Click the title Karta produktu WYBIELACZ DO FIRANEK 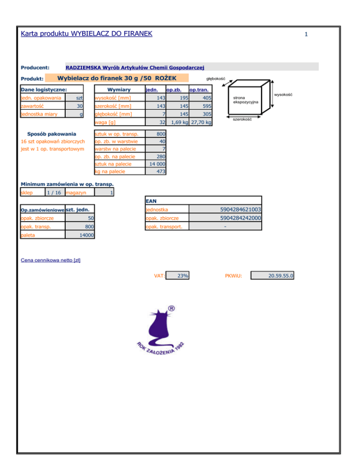[x=87, y=34]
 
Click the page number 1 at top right [x=306, y=34]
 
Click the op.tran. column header [x=199, y=90]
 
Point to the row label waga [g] [x=105, y=122]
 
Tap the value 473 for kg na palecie [x=160, y=172]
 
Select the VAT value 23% [x=183, y=276]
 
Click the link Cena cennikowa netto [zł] [x=51, y=260]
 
